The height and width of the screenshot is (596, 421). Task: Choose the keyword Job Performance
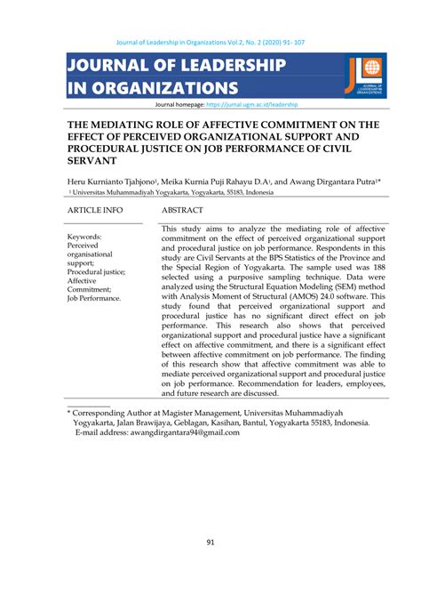(x=94, y=299)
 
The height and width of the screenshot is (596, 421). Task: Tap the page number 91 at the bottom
(x=210, y=543)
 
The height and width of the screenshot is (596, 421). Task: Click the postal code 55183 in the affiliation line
(x=229, y=191)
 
